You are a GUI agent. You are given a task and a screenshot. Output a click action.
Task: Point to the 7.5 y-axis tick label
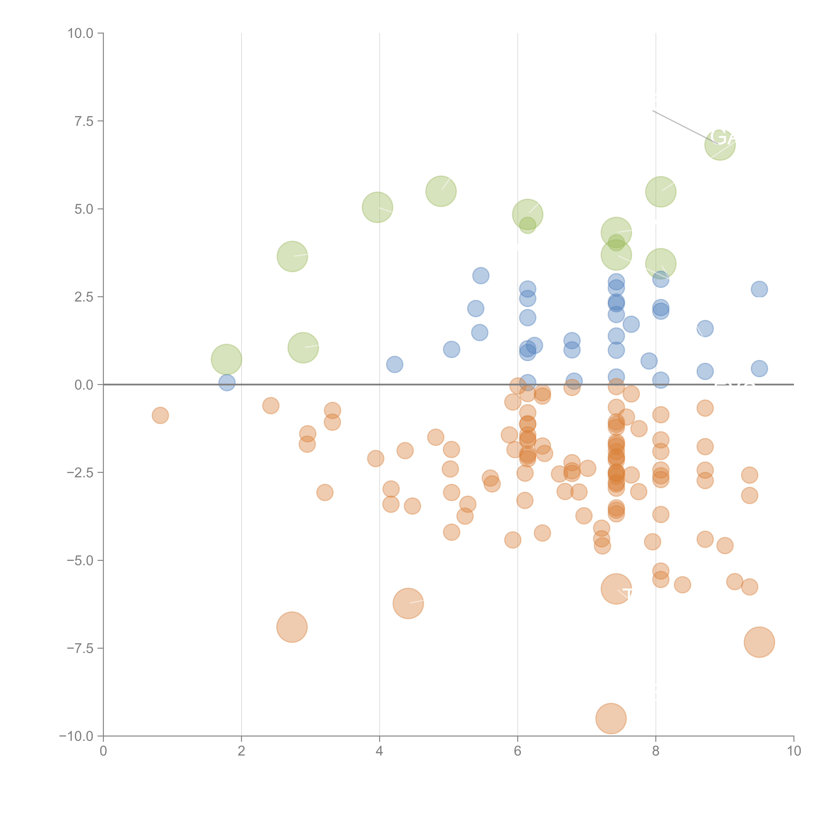point(84,121)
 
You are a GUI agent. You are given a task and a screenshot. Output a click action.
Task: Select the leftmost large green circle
point(226,359)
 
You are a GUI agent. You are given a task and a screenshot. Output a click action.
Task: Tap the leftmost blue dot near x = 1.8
point(226,382)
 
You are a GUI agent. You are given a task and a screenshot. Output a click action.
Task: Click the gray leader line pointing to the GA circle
point(681,126)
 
